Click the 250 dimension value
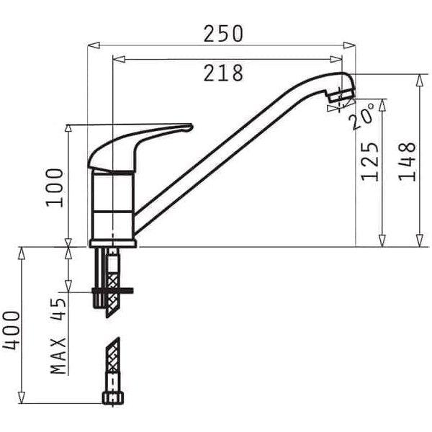pyautogui.click(x=223, y=34)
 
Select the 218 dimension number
pyautogui.click(x=223, y=73)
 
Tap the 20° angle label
pyautogui.click(x=361, y=116)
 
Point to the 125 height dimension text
pyautogui.click(x=369, y=162)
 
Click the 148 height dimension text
pyautogui.click(x=407, y=162)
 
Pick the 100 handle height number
pyautogui.click(x=55, y=188)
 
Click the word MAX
pyautogui.click(x=58, y=356)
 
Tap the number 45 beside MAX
pyautogui.click(x=58, y=310)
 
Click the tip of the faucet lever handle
pyautogui.click(x=192, y=127)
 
